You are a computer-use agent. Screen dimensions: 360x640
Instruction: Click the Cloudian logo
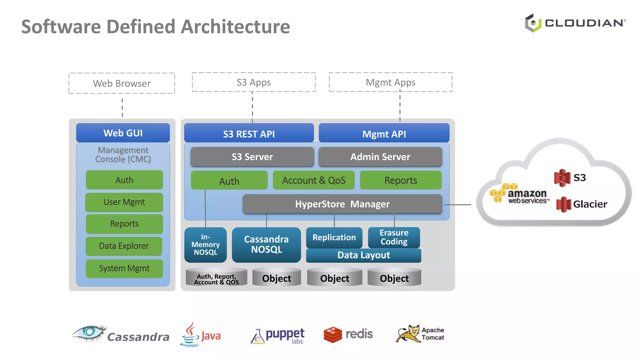pos(575,23)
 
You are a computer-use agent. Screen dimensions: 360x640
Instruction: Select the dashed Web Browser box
pos(122,83)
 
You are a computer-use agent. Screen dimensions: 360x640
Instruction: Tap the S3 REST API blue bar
pos(249,133)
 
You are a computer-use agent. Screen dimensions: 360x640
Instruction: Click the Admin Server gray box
pos(380,157)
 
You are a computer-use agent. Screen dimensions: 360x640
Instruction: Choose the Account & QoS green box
pos(313,180)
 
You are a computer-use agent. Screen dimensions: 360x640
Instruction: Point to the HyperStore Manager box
pos(342,204)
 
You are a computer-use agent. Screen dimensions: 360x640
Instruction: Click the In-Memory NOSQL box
pos(205,245)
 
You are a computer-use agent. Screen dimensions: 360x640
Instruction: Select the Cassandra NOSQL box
pos(266,244)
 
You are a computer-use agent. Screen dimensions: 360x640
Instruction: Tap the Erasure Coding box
pos(394,237)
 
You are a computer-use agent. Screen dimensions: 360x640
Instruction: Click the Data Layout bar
pos(363,255)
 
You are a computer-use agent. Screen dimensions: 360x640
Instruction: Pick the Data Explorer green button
pos(124,246)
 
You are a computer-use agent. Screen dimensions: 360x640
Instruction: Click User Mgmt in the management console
pos(124,202)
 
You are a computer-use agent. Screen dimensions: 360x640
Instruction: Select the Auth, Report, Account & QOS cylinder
pos(216,277)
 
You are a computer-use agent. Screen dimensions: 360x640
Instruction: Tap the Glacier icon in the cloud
pos(563,204)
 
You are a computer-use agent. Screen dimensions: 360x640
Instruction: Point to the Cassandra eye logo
pos(90,333)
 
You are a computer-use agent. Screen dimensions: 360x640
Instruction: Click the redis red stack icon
pos(332,335)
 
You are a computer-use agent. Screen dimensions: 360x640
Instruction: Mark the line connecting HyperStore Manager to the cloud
pos(457,205)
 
